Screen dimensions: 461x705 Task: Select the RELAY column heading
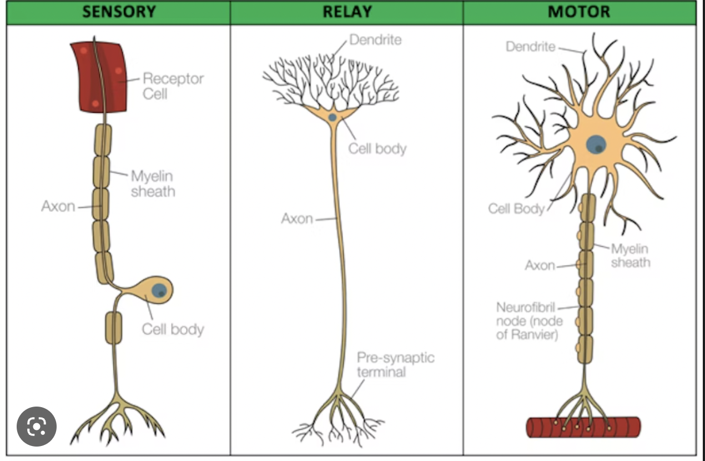tap(346, 12)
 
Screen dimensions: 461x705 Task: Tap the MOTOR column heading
tap(578, 12)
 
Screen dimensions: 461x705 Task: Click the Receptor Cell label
tap(173, 86)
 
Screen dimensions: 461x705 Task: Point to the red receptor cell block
tap(98, 76)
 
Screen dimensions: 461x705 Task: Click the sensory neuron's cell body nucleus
tap(159, 290)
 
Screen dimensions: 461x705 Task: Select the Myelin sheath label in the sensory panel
tap(153, 184)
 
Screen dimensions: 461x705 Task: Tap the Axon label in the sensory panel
tap(58, 207)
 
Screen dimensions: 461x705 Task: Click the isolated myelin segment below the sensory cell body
tap(113, 328)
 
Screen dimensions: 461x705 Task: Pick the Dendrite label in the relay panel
tap(375, 39)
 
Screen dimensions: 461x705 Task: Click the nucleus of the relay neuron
tap(332, 117)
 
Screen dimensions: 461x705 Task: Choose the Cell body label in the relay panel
tap(377, 149)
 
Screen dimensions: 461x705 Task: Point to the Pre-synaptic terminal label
tap(395, 364)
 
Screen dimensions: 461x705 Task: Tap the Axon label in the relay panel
tap(297, 219)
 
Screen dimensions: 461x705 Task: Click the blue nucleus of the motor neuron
tap(596, 144)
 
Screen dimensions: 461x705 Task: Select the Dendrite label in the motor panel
tap(530, 47)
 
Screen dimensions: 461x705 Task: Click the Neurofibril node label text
tap(529, 321)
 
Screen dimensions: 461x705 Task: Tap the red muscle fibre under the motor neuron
tap(583, 427)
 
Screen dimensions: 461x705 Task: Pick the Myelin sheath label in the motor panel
tap(630, 255)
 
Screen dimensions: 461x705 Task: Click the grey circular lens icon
tap(37, 427)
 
